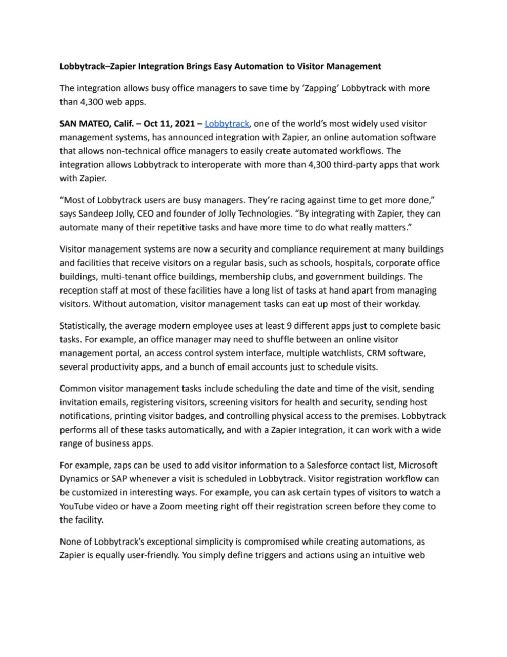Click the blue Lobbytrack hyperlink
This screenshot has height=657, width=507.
[227, 124]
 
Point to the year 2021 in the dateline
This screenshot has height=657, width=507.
[184, 124]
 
